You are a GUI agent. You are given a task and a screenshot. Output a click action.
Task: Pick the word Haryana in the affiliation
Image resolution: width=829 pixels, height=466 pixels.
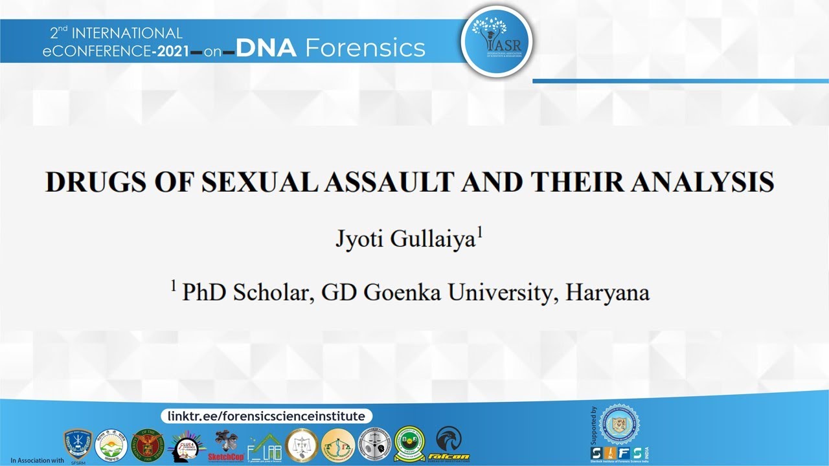608,293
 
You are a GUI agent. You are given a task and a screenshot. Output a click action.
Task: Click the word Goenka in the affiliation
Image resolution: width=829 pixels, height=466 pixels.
399,293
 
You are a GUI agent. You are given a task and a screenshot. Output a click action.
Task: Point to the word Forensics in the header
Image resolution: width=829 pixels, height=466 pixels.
365,48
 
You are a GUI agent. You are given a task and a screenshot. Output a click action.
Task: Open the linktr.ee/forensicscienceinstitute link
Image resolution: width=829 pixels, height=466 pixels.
266,416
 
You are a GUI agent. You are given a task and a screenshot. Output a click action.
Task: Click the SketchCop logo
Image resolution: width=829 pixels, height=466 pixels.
224,446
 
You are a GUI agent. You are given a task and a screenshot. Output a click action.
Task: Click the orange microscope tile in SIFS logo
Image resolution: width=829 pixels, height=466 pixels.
612,452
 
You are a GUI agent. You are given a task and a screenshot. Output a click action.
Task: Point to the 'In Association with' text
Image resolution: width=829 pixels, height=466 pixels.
38,460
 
